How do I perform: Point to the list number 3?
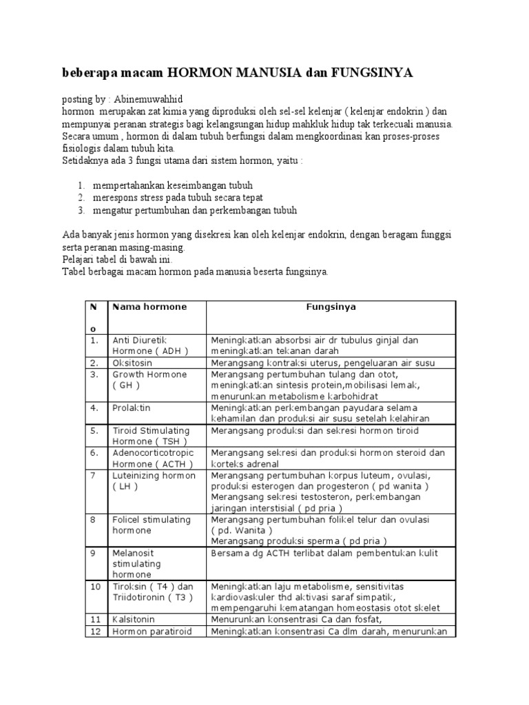coord(81,210)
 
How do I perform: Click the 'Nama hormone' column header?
coord(149,306)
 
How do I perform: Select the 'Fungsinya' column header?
coord(331,306)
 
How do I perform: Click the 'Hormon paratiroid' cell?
coord(151,631)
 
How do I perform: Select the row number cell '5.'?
coord(94,430)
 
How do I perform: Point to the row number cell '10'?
coord(95,586)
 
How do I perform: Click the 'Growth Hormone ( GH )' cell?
coord(149,380)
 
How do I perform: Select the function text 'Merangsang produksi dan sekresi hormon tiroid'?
coord(315,430)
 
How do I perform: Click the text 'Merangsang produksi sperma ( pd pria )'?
coord(299,541)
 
